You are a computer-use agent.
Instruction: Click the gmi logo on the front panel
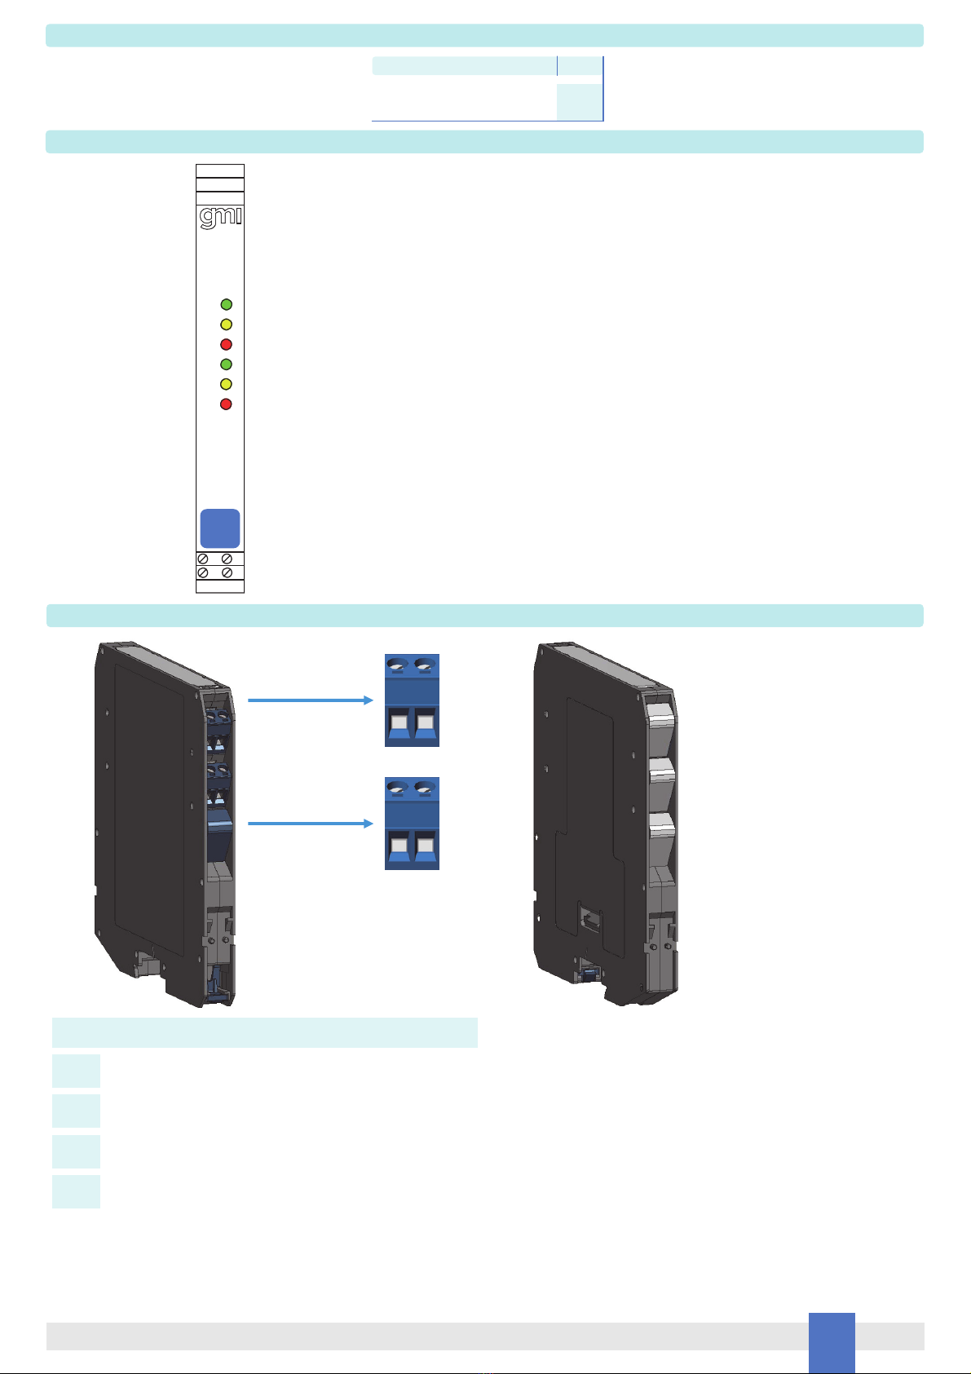pos(220,218)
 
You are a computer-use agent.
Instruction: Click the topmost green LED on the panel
pos(227,305)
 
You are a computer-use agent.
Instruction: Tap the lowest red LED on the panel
pos(227,404)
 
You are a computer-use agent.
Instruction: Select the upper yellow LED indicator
pos(227,325)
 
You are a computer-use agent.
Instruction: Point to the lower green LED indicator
pos(227,364)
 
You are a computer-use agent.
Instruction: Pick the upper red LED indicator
pos(227,344)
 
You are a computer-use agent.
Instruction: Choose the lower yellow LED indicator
pos(227,384)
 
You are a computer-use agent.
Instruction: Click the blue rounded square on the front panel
pos(220,528)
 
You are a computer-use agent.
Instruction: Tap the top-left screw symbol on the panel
pos(203,559)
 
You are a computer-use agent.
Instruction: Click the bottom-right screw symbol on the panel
pos(227,573)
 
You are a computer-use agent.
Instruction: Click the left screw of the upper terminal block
pos(399,667)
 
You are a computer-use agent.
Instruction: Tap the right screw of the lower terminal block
pos(425,790)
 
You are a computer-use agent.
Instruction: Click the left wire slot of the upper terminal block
pos(399,725)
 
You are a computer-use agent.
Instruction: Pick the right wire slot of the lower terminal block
pos(425,848)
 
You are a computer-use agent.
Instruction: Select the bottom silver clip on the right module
pos(662,827)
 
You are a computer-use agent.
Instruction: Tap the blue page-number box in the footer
pos(832,1341)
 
